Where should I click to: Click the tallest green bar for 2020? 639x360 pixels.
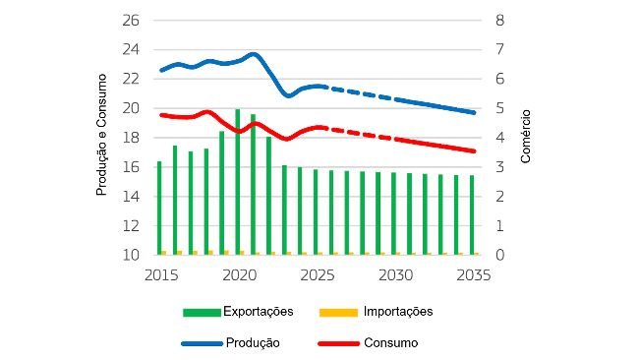(238, 182)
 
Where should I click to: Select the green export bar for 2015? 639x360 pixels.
(159, 208)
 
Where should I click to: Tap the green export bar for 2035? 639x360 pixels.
(472, 214)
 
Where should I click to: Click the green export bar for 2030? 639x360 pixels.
(394, 213)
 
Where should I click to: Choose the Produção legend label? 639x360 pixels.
(253, 343)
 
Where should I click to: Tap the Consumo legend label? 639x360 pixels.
(391, 343)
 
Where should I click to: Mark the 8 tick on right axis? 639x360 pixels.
(499, 21)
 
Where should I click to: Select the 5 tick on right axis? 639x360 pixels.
(499, 108)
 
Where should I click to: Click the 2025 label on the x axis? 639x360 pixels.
(317, 275)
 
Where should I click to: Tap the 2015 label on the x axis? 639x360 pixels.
(160, 275)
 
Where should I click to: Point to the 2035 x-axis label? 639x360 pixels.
(473, 275)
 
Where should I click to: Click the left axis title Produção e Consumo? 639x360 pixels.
(101, 137)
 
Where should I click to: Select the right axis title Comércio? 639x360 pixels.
(525, 137)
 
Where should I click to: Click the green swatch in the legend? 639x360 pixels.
(202, 313)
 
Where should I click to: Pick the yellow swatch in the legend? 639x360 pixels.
(339, 313)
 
